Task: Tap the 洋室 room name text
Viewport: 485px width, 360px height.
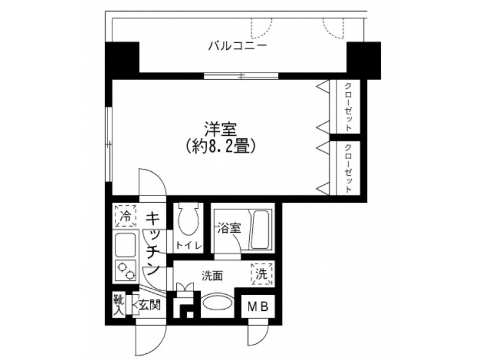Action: point(220,130)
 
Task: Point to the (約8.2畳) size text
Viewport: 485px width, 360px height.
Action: point(220,146)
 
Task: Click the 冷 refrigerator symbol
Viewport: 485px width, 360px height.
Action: point(125,216)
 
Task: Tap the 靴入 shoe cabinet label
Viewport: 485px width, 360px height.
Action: point(118,305)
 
